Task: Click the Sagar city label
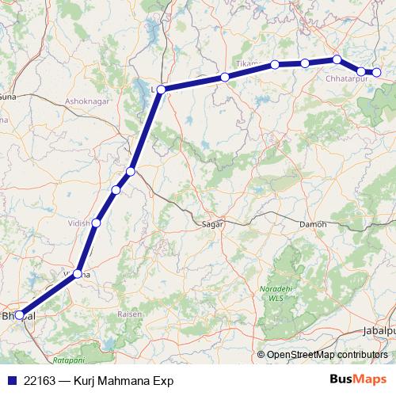click(x=215, y=224)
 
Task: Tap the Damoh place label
click(x=313, y=224)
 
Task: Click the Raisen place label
click(x=130, y=314)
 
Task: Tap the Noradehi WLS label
click(x=272, y=295)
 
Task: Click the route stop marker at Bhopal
click(x=20, y=315)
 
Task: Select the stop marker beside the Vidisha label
click(x=97, y=223)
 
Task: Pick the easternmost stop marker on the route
click(x=377, y=73)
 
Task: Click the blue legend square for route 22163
click(x=12, y=380)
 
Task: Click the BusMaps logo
click(x=360, y=379)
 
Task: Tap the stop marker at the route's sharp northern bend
click(x=161, y=89)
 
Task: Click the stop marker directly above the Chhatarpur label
click(x=337, y=59)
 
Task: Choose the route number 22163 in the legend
click(x=40, y=380)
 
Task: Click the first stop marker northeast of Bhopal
click(x=78, y=274)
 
